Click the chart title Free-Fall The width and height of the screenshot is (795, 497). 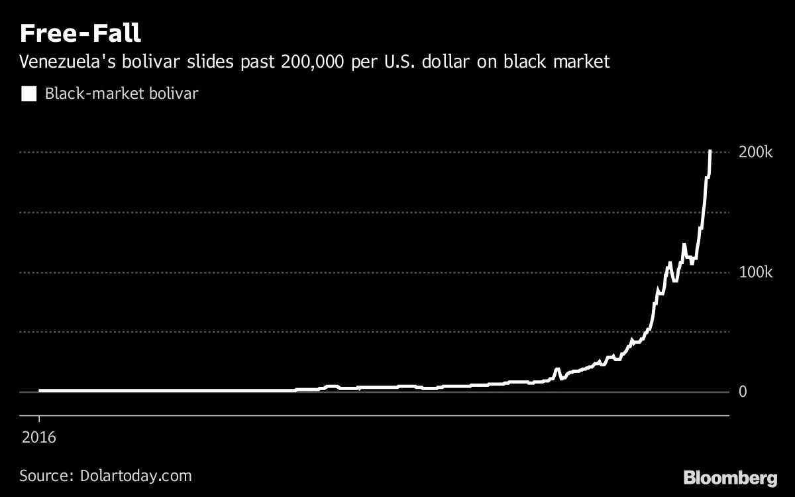(x=79, y=33)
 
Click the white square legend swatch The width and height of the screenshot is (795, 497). (x=29, y=94)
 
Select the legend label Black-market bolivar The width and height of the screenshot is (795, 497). (x=121, y=94)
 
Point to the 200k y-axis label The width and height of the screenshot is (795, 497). (x=755, y=153)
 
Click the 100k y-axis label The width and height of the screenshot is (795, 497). (x=755, y=273)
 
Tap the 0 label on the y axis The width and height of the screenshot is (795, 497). (x=744, y=392)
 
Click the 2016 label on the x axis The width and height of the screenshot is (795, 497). (x=39, y=438)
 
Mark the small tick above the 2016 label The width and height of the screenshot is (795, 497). (x=39, y=420)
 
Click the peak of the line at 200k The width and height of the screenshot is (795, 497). (x=710, y=152)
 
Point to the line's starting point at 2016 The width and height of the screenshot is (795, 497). (x=40, y=391)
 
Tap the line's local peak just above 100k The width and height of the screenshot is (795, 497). (x=684, y=245)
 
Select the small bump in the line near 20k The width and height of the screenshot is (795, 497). (x=557, y=369)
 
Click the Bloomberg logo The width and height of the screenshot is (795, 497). (x=730, y=477)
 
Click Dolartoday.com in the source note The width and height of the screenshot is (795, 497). (x=136, y=476)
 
